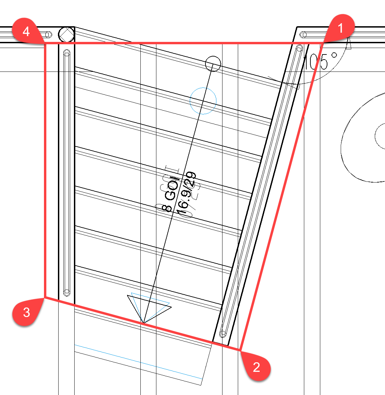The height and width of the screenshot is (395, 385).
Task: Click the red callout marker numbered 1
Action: [x=340, y=28]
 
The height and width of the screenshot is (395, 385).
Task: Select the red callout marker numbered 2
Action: [x=256, y=367]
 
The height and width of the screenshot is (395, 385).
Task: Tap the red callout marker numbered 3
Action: [x=27, y=312]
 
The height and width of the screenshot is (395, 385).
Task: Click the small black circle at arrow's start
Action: [x=213, y=64]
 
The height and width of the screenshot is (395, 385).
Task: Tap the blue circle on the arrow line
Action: [x=203, y=101]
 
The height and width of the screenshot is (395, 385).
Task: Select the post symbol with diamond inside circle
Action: [x=66, y=34]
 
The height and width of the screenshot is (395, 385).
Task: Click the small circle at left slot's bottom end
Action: [x=67, y=292]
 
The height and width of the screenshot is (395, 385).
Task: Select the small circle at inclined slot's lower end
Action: [x=224, y=333]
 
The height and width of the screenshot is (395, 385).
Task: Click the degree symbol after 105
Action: [x=334, y=55]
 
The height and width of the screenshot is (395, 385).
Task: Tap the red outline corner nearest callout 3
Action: [x=45, y=297]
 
